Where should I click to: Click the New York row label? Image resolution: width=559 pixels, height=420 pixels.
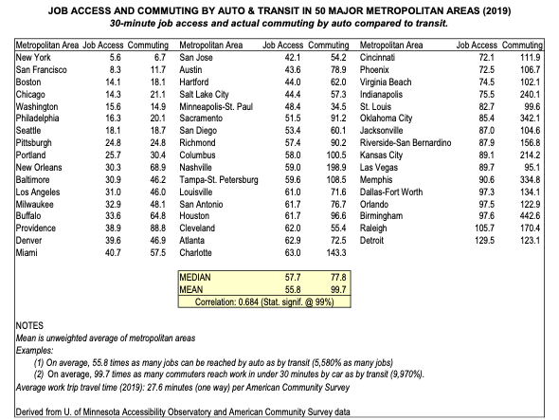coord(33,58)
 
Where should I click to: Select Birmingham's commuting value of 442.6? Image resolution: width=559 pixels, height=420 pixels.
coord(530,216)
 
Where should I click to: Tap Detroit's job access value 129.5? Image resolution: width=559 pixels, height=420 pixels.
coord(484,241)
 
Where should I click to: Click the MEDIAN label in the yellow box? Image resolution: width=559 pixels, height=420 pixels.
coord(195,277)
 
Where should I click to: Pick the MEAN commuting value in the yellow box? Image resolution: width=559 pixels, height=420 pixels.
coord(338,289)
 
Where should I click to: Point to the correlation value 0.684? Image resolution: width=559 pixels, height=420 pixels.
coord(248,301)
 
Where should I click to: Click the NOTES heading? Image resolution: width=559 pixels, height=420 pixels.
coord(29,325)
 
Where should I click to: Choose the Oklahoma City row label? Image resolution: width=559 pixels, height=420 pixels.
coord(386,119)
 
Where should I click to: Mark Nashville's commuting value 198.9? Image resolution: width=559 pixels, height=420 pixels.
coord(336,168)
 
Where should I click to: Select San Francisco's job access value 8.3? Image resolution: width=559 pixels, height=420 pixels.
coord(116,70)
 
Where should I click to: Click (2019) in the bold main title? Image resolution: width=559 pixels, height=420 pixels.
coord(496,11)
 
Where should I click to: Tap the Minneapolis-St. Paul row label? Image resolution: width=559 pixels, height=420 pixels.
coord(216,107)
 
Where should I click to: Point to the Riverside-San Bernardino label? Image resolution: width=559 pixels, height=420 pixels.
coord(406,143)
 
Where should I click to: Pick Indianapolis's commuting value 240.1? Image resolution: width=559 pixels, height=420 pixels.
coord(530,95)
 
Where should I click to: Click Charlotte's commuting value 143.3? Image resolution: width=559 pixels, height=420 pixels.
coord(336,253)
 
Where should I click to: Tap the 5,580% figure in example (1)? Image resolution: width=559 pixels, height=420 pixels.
coord(327,363)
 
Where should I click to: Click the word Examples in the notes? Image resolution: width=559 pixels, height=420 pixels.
coord(34,351)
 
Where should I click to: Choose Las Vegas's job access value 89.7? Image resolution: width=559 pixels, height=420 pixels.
coord(486,168)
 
